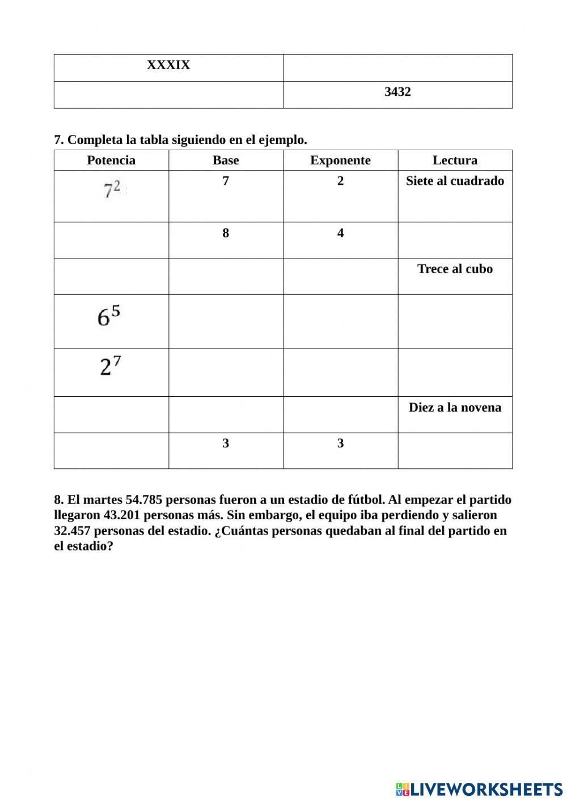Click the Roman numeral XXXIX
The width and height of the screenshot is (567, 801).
coord(168,65)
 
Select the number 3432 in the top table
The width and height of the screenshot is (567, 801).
coord(397,92)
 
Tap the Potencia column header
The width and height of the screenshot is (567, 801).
coord(111,160)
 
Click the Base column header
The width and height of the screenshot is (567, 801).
coord(226,160)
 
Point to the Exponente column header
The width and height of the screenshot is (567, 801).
coord(340,160)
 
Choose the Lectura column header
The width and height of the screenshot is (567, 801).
coord(455,160)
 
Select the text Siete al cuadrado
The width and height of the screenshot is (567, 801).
coord(455,181)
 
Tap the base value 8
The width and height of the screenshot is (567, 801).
coord(226,233)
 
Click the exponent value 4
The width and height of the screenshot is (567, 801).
coord(340,233)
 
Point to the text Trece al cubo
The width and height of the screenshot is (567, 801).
coord(455,269)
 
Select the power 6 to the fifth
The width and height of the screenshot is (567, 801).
coord(109,316)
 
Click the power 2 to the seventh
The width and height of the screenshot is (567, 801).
coord(111,366)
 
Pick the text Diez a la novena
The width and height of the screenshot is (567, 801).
coord(455,408)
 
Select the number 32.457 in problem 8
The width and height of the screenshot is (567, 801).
coord(72,531)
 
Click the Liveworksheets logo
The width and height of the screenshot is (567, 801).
coord(479,789)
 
